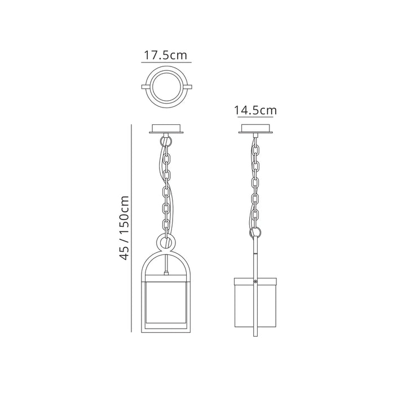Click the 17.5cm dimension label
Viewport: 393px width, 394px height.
tap(165, 55)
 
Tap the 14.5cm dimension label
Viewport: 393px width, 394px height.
tap(255, 110)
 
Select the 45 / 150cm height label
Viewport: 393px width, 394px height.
tap(124, 227)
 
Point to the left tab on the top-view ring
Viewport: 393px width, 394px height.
tap(145, 87)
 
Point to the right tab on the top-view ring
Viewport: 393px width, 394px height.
tap(188, 87)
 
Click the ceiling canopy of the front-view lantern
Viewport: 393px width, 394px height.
tap(166, 129)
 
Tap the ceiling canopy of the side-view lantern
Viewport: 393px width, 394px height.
tap(255, 129)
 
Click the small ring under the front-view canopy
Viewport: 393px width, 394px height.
tap(162, 140)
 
